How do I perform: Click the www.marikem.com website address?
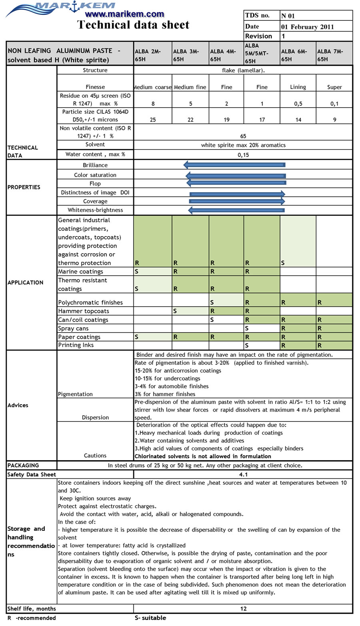(124, 14)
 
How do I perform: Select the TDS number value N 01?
(288, 16)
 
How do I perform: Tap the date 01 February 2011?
(307, 27)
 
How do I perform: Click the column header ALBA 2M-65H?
(148, 55)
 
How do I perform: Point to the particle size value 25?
(153, 120)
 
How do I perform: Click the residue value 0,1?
(334, 104)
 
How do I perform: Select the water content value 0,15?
(243, 154)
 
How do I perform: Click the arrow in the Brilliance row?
(234, 165)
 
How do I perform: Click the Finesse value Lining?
(298, 87)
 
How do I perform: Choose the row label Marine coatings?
(80, 272)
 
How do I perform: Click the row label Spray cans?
(73, 329)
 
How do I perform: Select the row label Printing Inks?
(76, 345)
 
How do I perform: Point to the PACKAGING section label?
(23, 465)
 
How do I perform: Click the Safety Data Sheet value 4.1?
(243, 475)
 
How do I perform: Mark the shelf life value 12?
(243, 609)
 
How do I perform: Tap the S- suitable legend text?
(150, 618)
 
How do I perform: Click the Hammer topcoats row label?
(84, 311)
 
